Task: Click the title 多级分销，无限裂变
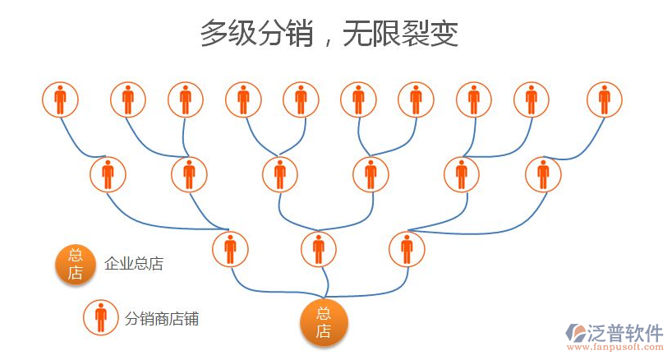click(329, 35)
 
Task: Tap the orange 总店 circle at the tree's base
click(324, 321)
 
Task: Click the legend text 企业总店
click(134, 264)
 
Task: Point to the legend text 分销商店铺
click(162, 318)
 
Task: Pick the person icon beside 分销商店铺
click(100, 316)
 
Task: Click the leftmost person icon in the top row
click(60, 99)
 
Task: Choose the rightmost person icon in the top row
click(605, 99)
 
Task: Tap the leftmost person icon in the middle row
click(107, 174)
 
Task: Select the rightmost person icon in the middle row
click(543, 174)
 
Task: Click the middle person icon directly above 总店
click(319, 249)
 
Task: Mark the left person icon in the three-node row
click(230, 249)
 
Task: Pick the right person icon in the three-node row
click(407, 249)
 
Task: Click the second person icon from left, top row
click(127, 99)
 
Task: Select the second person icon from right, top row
click(532, 99)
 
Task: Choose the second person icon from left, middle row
click(189, 174)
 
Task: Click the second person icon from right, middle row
click(461, 174)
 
